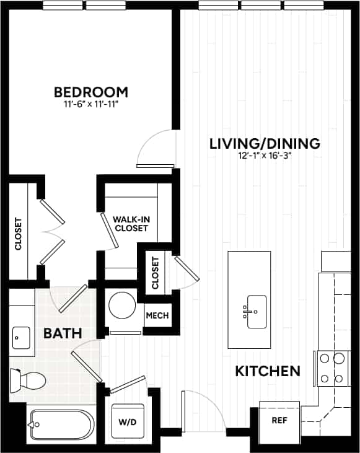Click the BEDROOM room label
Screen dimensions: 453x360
[91, 92]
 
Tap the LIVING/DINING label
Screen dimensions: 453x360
[265, 144]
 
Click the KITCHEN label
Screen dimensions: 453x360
[268, 372]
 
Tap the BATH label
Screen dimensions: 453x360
[63, 333]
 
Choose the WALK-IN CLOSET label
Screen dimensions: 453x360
[130, 223]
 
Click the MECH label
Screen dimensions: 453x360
[156, 315]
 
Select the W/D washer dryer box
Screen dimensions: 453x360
[127, 422]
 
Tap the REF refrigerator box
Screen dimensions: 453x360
[279, 419]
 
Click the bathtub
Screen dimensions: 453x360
[61, 426]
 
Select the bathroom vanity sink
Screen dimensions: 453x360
[22, 338]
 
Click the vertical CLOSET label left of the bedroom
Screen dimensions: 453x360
[18, 234]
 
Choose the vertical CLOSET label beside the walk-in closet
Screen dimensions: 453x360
[155, 273]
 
